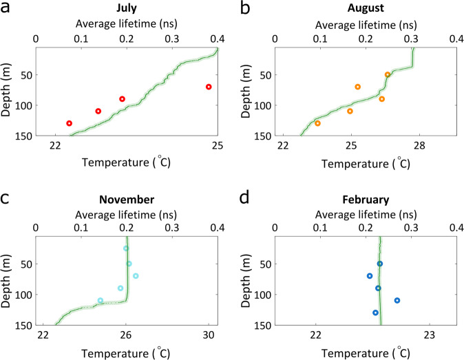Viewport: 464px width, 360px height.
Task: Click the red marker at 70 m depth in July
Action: [209, 87]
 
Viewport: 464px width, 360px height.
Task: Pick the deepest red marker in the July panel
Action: [69, 123]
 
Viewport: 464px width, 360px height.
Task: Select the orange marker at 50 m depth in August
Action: [388, 74]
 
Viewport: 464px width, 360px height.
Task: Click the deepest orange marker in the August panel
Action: [317, 123]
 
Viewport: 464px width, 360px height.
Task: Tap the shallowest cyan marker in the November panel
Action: [126, 248]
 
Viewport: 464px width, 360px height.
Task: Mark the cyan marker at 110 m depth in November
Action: [101, 300]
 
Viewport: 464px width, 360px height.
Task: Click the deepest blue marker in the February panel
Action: [375, 313]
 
